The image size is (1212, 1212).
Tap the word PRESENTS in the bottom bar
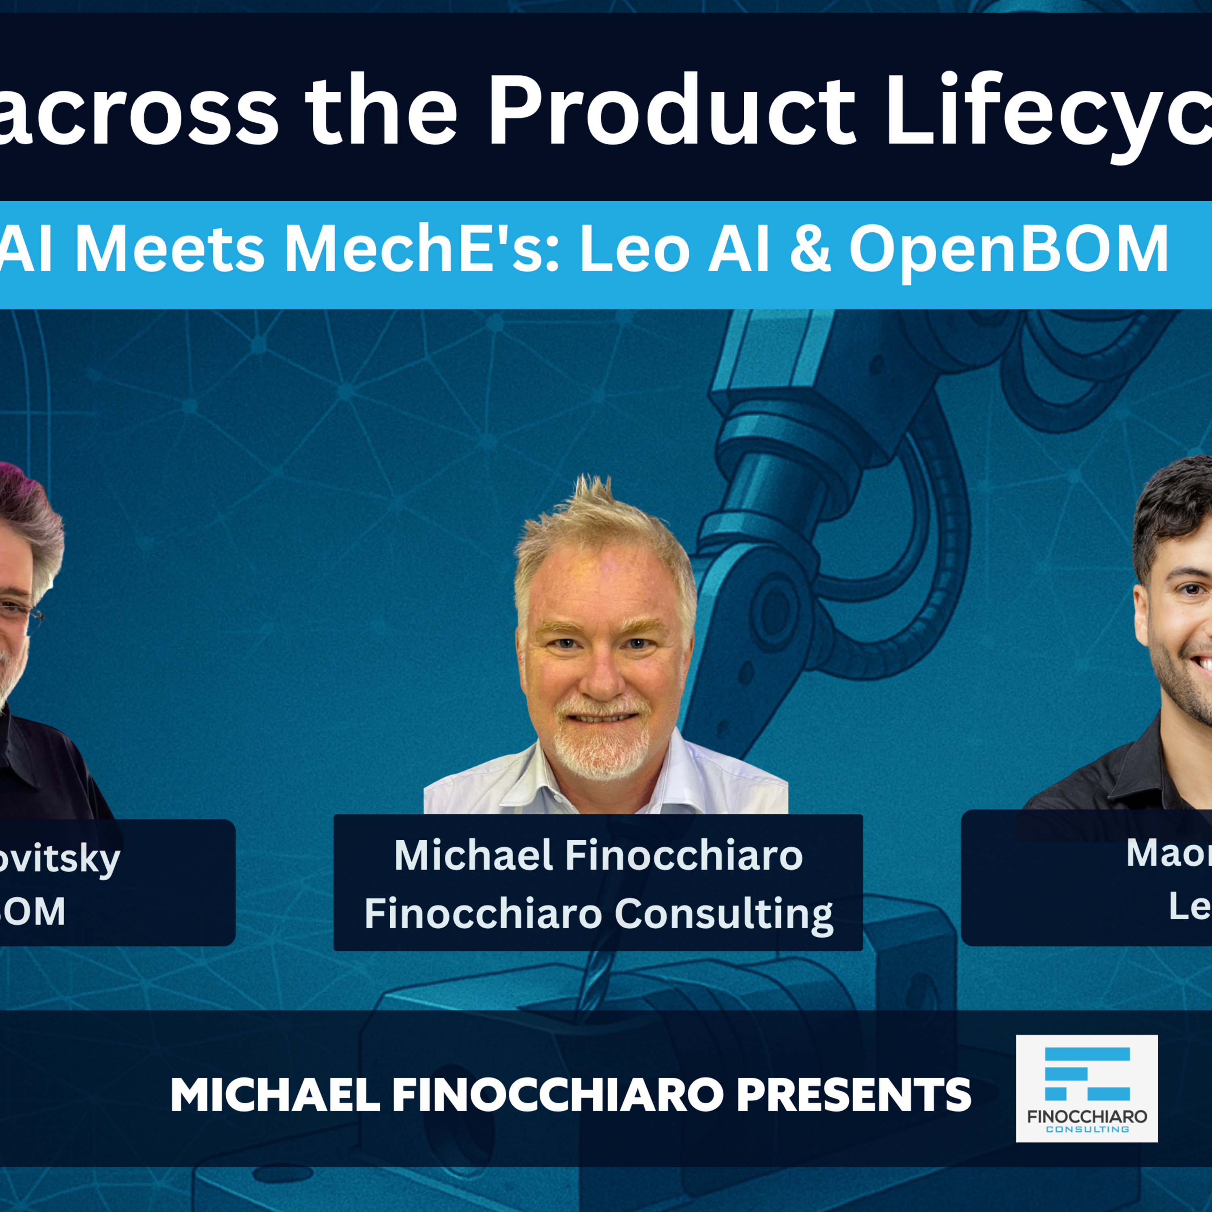853,1095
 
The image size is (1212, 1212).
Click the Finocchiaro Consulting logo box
1086,1088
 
